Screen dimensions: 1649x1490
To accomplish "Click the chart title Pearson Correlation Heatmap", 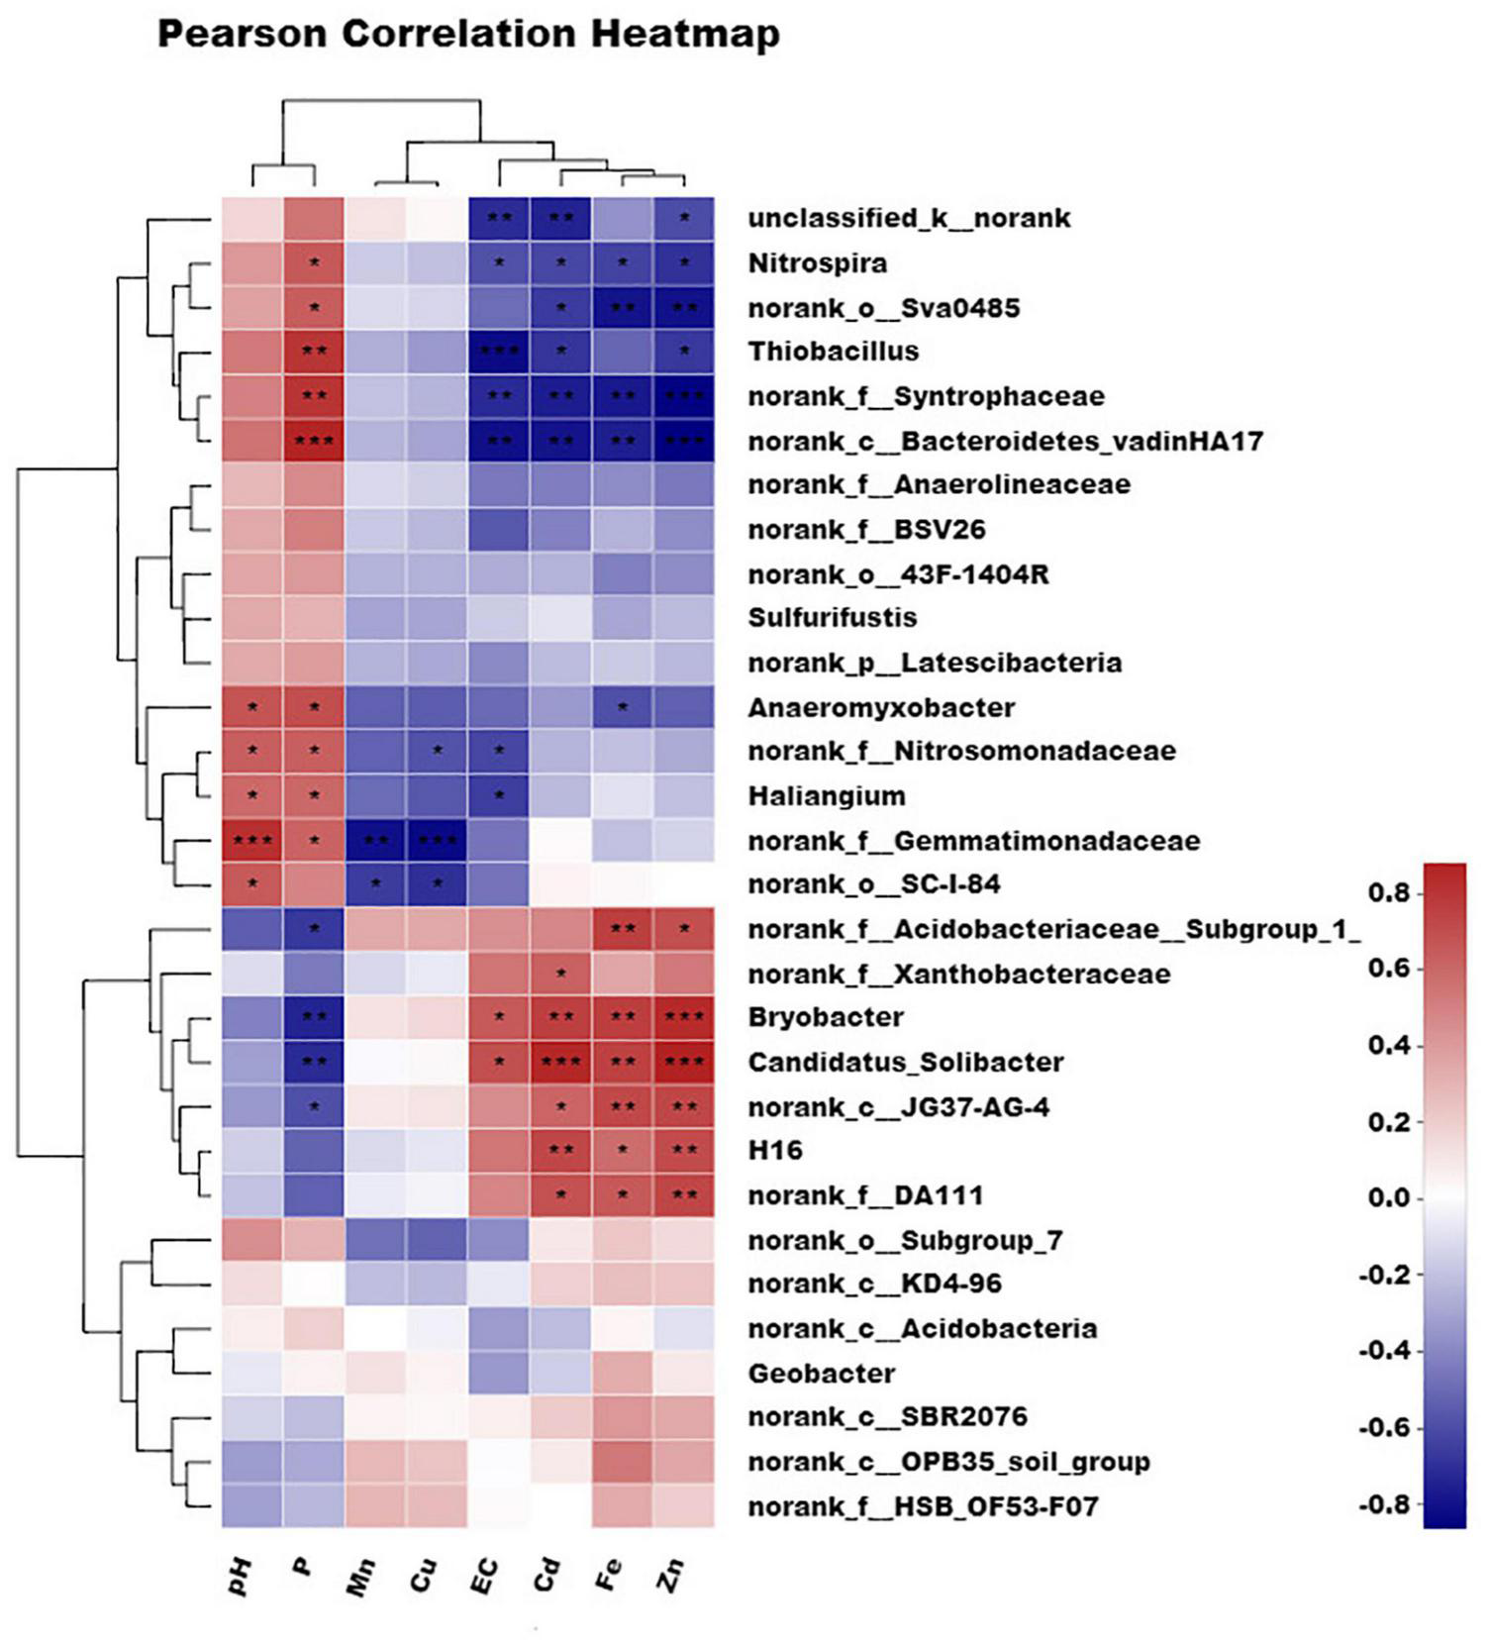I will (468, 35).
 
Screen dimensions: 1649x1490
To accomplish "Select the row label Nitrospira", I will (817, 263).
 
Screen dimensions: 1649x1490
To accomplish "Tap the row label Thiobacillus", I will (833, 352).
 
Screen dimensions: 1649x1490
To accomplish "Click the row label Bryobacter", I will (826, 1017).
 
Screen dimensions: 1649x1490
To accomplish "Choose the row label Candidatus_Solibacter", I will (905, 1063).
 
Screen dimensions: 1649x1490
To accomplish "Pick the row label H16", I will (774, 1151).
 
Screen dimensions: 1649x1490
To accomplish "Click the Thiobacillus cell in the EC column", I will (499, 352).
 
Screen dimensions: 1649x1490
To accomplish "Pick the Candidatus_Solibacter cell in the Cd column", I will (561, 1063).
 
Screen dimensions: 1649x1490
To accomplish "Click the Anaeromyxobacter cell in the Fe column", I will (623, 707).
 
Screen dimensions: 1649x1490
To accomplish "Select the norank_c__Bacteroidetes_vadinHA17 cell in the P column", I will (314, 441).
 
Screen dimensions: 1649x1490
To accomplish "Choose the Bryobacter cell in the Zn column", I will (684, 1017).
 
